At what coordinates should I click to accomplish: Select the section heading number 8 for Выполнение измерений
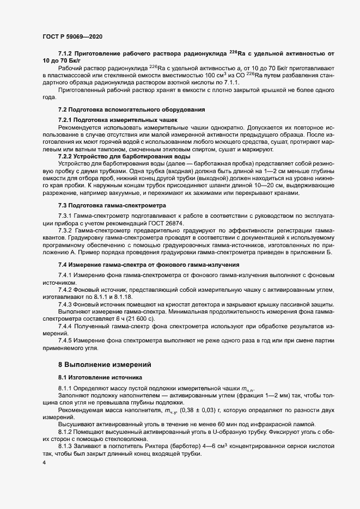click(60, 363)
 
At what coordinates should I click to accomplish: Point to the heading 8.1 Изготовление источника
click(100, 377)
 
